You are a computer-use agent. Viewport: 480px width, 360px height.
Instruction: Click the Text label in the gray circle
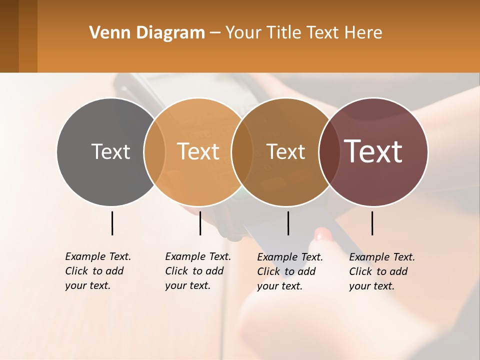[110, 151]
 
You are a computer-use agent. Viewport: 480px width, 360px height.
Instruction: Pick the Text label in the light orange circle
[198, 151]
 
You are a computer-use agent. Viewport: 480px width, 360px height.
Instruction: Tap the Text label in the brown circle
[285, 151]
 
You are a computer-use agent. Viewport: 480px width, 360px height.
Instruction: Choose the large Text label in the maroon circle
[373, 151]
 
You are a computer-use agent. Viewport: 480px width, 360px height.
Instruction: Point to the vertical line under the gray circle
[112, 223]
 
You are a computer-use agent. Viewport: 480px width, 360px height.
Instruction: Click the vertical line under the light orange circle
[200, 223]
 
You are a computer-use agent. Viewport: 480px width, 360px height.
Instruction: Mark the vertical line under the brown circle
[288, 223]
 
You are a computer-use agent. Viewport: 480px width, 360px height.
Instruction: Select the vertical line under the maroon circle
[372, 223]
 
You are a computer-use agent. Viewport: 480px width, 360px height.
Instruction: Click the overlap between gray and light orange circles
[154, 151]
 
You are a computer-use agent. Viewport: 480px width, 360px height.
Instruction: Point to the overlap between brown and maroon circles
[328, 151]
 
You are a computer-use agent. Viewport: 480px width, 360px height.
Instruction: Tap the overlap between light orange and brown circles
[242, 151]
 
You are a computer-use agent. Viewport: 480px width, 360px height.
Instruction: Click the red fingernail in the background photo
[322, 233]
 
